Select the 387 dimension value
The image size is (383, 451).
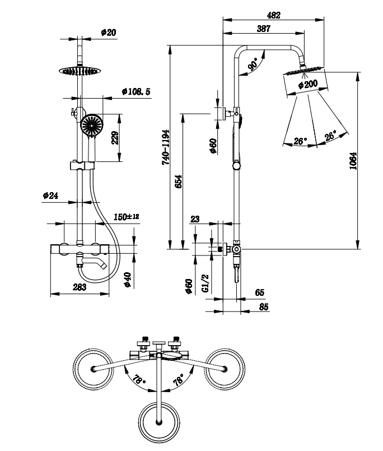tap(264, 29)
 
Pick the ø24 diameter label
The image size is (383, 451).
tap(50, 196)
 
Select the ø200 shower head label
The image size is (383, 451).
tap(308, 85)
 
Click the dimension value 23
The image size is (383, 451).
tap(195, 220)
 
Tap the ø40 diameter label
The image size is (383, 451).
tap(128, 280)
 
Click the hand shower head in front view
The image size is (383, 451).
tap(91, 124)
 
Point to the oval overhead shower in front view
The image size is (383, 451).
tap(80, 71)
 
